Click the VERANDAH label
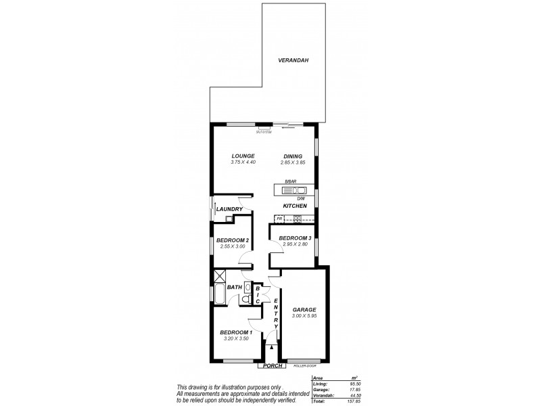(293, 61)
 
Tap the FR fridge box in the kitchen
(278, 218)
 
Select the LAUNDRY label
(230, 209)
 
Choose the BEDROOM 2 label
(233, 240)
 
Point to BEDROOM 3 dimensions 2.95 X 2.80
(295, 244)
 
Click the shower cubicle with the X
(219, 276)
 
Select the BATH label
(235, 288)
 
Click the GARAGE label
(304, 309)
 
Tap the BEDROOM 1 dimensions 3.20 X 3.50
(236, 338)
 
